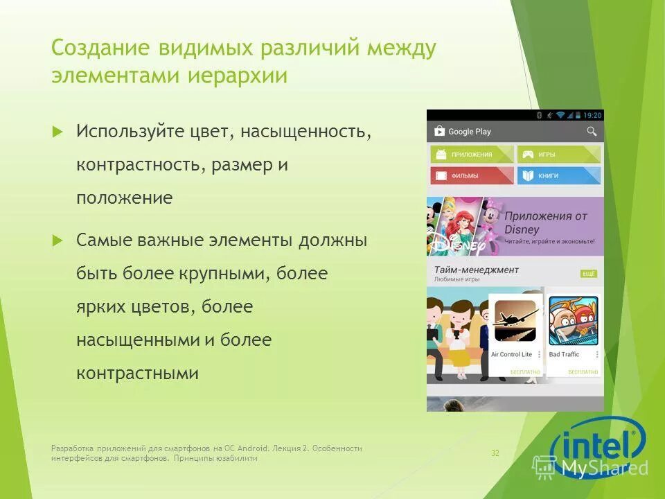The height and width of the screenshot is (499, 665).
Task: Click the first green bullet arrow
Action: (x=57, y=130)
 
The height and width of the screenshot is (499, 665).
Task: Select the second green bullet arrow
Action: (x=57, y=240)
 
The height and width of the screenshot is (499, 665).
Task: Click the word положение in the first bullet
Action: (x=124, y=198)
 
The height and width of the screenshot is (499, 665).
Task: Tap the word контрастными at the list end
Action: (x=137, y=374)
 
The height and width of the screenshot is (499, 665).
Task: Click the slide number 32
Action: (x=495, y=453)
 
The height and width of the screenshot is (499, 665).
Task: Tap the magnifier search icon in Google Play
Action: (x=592, y=131)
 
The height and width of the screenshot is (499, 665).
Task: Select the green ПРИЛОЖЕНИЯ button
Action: (x=471, y=155)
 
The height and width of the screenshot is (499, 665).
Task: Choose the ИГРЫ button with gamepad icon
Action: (x=558, y=155)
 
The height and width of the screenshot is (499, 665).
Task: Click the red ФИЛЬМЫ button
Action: (x=471, y=175)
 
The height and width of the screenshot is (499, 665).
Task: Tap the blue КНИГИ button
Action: (x=558, y=175)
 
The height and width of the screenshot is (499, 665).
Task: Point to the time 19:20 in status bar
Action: (x=592, y=115)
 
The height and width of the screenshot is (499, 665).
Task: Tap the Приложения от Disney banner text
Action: (x=546, y=222)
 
